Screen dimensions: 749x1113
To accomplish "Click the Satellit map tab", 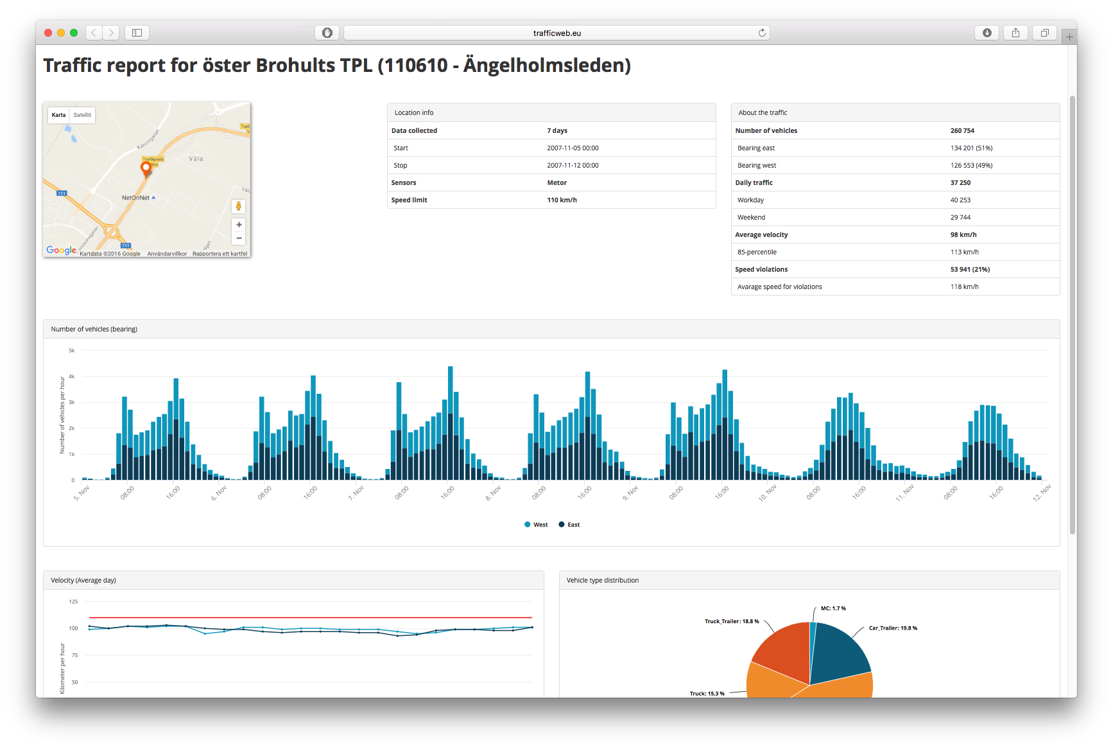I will (82, 115).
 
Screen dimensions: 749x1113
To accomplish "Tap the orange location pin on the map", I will (146, 168).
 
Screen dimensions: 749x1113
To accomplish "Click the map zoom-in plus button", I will (239, 225).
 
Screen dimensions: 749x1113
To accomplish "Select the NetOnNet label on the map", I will (135, 198).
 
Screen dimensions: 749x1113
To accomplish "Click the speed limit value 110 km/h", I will (562, 200).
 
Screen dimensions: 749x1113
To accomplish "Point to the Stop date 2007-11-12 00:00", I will (573, 165).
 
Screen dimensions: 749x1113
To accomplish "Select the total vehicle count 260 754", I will (962, 130).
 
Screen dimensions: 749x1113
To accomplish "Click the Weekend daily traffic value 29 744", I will (960, 217).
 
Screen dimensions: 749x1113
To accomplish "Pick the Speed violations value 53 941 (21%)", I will (970, 269).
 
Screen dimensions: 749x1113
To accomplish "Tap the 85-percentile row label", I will (757, 252).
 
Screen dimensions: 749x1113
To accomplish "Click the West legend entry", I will (537, 525).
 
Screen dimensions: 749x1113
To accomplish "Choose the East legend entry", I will (569, 525).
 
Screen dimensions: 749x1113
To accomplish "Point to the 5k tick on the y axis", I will (72, 351).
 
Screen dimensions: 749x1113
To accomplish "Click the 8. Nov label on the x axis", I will (493, 493).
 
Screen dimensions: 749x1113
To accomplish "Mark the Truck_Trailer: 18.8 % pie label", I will (732, 621).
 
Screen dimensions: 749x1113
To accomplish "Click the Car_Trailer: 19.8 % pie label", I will (893, 628).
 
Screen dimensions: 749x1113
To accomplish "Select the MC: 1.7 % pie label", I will (833, 608).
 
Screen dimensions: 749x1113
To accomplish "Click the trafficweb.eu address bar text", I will (556, 33).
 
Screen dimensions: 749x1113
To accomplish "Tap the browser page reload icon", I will (762, 33).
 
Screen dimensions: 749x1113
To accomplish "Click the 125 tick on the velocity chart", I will (73, 602).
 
